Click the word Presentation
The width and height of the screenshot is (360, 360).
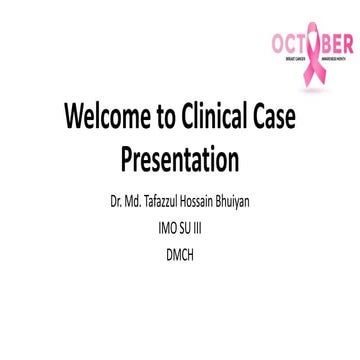(180, 159)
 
